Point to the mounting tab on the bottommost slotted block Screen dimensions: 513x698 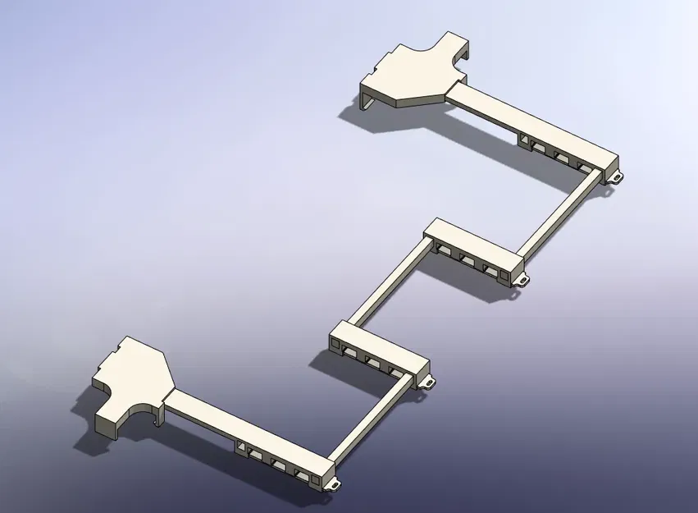334,484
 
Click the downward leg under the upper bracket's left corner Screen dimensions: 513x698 367,102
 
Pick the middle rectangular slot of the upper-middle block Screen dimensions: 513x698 468,259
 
